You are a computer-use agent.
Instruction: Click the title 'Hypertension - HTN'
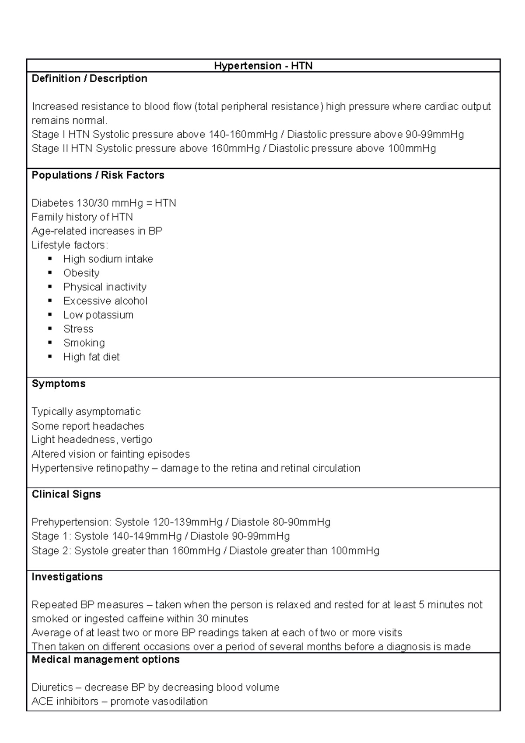pyautogui.click(x=263, y=66)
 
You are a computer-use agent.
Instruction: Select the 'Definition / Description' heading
pyautogui.click(x=89, y=79)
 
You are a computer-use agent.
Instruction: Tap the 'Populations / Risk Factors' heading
pyautogui.click(x=98, y=175)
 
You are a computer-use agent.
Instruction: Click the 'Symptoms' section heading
pyautogui.click(x=59, y=384)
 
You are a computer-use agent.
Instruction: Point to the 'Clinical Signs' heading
pyautogui.click(x=66, y=494)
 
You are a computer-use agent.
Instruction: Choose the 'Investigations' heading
pyautogui.click(x=67, y=577)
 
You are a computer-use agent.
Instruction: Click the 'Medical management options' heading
pyautogui.click(x=105, y=659)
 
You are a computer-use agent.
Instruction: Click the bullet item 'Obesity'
pyautogui.click(x=81, y=273)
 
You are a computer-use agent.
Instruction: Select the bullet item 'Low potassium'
pyautogui.click(x=98, y=315)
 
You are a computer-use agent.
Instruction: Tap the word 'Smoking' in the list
pyautogui.click(x=84, y=343)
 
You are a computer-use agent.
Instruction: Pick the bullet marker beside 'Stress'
pyautogui.click(x=50, y=329)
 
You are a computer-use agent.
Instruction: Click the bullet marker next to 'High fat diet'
pyautogui.click(x=50, y=357)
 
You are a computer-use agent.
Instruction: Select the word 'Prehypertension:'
pyautogui.click(x=71, y=522)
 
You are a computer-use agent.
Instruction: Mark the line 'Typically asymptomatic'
pyautogui.click(x=86, y=412)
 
